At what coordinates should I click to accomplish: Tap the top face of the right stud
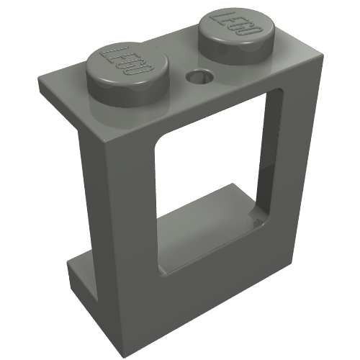pos(237,26)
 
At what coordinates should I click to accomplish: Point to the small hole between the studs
pos(199,76)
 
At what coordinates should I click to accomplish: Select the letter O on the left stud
pos(139,71)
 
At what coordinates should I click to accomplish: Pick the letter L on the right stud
pos(217,16)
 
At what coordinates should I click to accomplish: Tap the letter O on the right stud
pos(252,31)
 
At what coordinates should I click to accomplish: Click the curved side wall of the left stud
pos(127,95)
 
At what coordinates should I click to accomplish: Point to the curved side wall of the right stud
pos(236,54)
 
